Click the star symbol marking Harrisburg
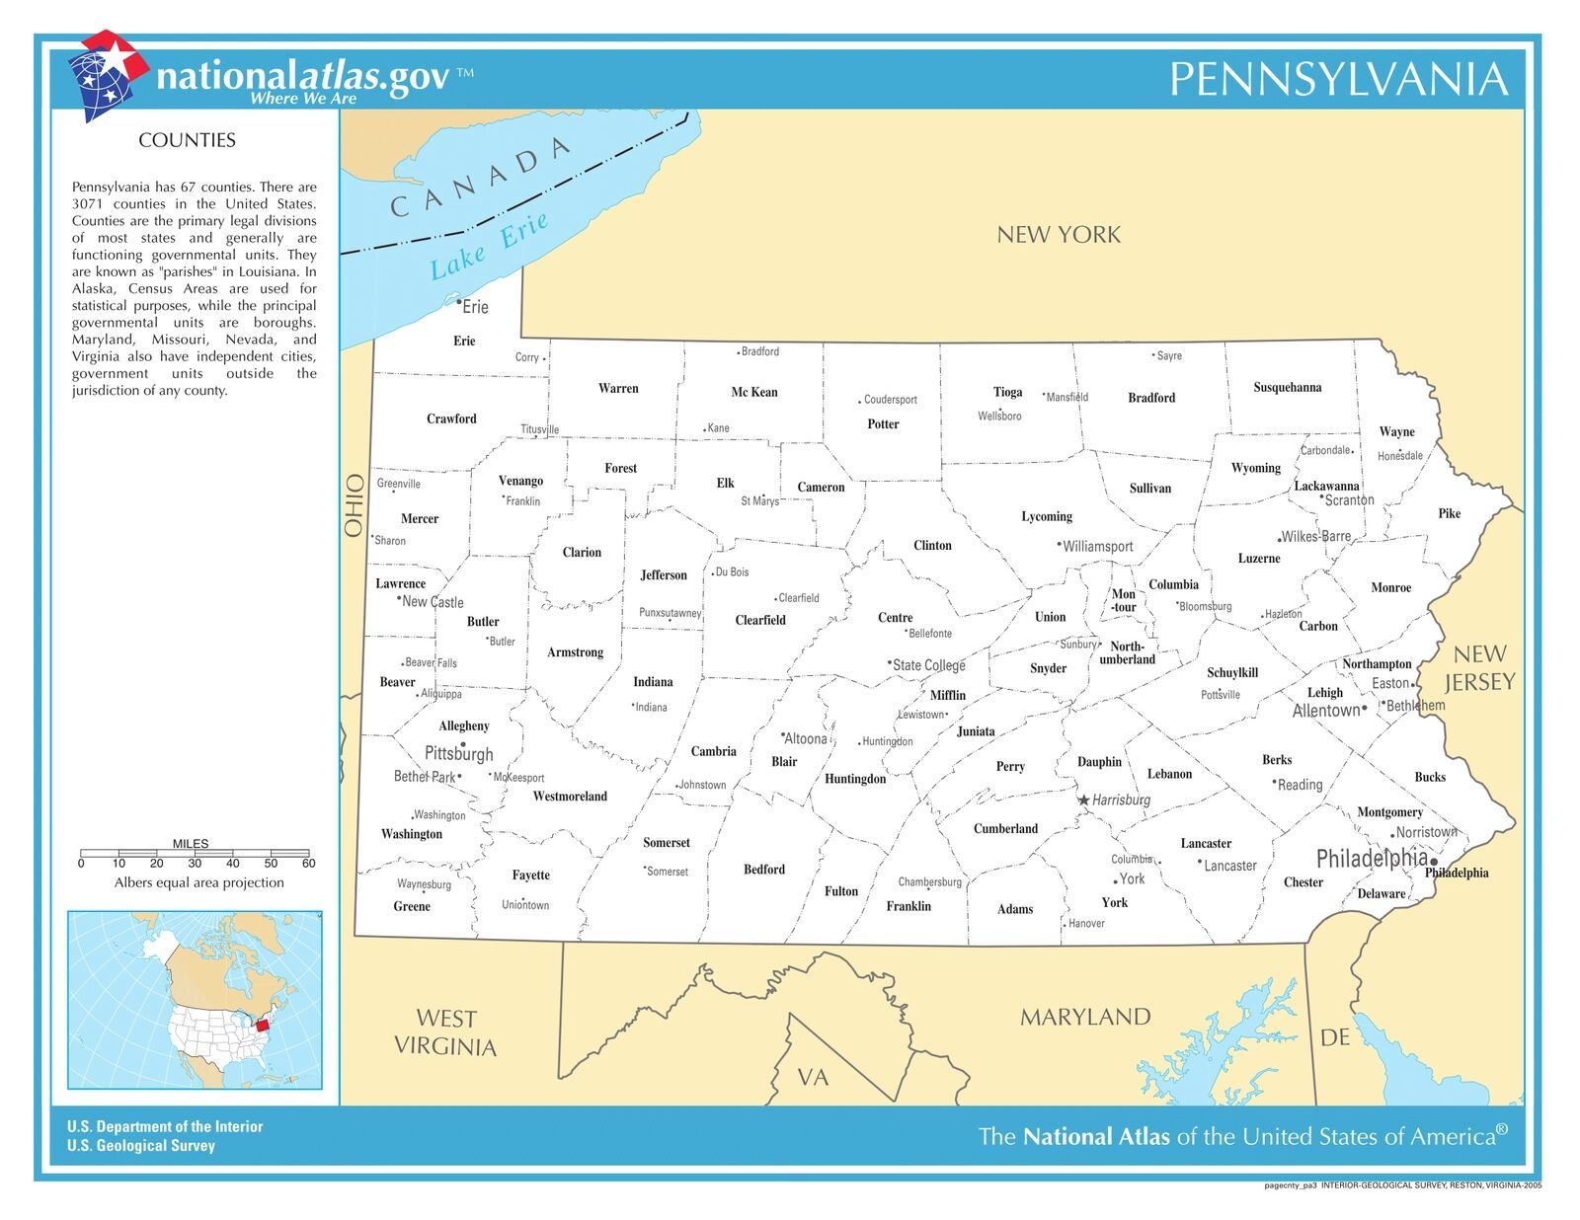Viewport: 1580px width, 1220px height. click(x=1083, y=800)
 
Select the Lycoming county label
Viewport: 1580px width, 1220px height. click(x=1046, y=516)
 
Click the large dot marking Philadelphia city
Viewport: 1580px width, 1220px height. click(x=1434, y=862)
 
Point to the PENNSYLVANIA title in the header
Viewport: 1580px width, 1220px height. click(x=1338, y=79)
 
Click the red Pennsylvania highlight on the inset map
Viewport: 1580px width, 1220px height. click(x=263, y=1026)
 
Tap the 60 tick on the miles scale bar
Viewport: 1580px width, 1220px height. click(x=308, y=863)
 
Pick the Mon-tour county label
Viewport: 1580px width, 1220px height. click(x=1124, y=600)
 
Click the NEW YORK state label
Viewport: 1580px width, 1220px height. click(x=1058, y=235)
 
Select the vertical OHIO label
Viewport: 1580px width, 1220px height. click(x=355, y=505)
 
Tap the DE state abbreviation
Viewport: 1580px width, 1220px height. click(x=1334, y=1037)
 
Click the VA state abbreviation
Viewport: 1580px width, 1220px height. click(x=813, y=1078)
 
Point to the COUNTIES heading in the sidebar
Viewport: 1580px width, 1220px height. click(x=187, y=140)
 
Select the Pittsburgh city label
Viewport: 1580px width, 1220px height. click(x=458, y=754)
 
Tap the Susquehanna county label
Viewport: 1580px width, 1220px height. click(x=1287, y=387)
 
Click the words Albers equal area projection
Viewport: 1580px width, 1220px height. click(x=198, y=882)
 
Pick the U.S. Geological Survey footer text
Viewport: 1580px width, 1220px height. click(x=140, y=1145)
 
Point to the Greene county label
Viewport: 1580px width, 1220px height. click(x=412, y=906)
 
